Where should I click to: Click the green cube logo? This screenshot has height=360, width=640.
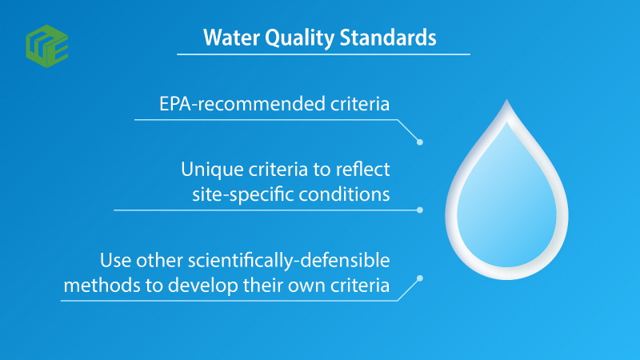point(47,46)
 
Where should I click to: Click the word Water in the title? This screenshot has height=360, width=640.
point(231,38)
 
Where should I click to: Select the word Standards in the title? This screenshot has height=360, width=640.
point(388,38)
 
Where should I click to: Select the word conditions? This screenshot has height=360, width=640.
point(344,194)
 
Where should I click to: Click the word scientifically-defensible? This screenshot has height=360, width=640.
point(289,261)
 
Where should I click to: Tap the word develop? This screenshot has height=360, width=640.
point(203,286)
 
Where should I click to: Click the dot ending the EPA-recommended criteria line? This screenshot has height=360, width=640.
point(419,142)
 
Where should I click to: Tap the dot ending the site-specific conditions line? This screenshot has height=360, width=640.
point(419,210)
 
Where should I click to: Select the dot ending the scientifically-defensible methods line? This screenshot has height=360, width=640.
point(419,278)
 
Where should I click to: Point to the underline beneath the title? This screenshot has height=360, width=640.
point(323,54)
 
